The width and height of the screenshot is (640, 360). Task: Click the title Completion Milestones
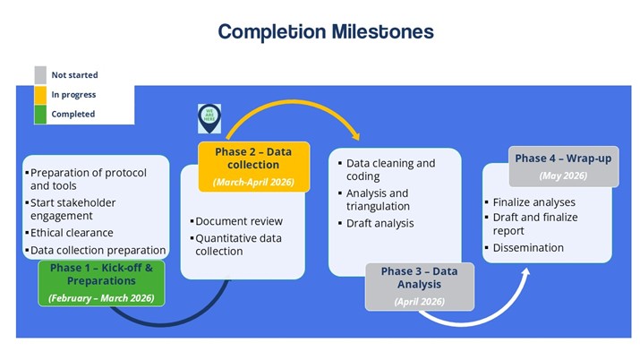326,32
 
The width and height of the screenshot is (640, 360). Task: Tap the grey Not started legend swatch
40,75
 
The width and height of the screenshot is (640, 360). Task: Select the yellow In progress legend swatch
40,94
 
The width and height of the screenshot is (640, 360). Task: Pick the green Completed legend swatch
40,114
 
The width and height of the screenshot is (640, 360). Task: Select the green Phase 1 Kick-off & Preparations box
101,282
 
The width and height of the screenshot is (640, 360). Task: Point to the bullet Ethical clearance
71,233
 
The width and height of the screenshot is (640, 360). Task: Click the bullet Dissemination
528,247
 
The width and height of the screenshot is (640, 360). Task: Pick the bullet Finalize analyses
535,202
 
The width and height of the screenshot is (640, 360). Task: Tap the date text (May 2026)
563,176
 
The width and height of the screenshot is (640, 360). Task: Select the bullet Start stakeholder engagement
73,210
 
